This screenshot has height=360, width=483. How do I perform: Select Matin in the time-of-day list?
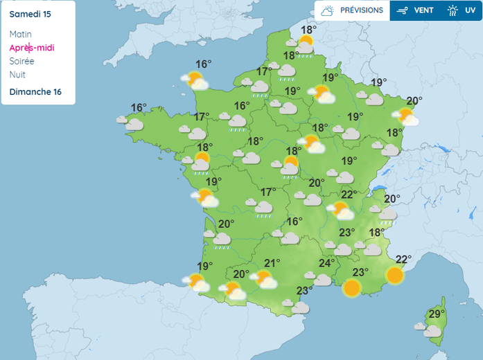21,34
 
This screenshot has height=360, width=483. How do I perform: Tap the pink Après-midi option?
32,48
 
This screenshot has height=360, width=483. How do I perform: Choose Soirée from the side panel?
22,61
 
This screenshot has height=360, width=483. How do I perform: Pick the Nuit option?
18,74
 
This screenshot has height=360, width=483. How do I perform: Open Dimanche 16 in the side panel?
35,92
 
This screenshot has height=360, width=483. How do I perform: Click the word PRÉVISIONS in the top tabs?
361,10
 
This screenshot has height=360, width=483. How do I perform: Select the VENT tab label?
424,10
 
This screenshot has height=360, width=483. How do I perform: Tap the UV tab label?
470,10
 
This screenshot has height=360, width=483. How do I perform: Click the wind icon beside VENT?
402,10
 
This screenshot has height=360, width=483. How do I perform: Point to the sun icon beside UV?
453,10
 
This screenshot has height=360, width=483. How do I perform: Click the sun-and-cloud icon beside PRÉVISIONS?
327,10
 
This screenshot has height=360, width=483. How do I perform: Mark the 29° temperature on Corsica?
437,314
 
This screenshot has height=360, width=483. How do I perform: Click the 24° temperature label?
326,263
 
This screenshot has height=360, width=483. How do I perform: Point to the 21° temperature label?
272,263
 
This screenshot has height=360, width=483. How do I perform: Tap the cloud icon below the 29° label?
432,331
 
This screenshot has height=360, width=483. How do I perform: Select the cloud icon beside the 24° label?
323,280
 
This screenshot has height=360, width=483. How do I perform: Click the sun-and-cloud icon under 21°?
265,280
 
